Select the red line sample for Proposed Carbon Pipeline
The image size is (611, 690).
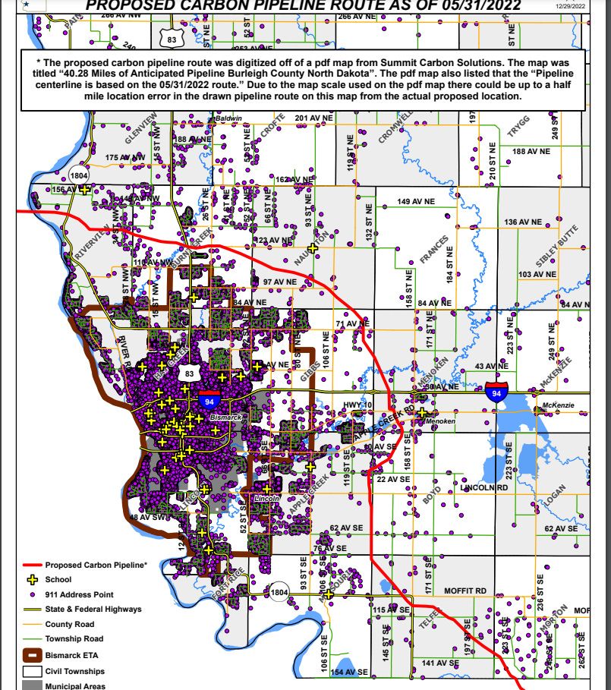click(25, 566)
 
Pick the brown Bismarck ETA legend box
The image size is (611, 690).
click(31, 654)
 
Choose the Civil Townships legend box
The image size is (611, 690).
click(31, 671)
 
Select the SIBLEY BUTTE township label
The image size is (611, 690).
click(558, 245)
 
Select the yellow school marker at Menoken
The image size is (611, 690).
click(422, 412)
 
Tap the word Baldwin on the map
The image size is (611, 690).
click(228, 119)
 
